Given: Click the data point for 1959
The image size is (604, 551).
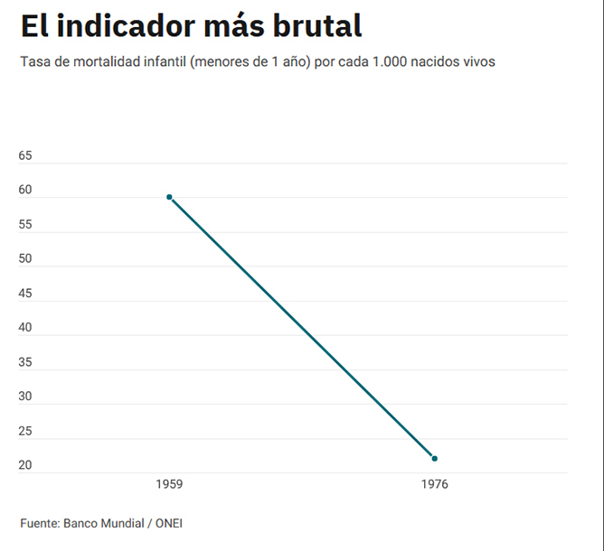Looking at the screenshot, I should click(169, 197).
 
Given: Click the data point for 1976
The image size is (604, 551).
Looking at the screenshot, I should click(434, 458).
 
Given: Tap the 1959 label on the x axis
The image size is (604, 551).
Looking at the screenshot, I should click(169, 485).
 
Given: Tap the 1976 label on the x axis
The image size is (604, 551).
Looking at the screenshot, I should click(434, 485).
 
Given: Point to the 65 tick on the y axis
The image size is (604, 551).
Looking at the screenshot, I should click(25, 155).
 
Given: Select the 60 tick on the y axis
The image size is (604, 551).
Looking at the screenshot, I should click(25, 190).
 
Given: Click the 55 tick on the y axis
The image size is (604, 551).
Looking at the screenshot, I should click(25, 224).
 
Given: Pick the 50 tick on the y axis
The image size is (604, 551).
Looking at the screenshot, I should click(25, 258).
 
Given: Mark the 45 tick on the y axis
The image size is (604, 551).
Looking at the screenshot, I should click(25, 293).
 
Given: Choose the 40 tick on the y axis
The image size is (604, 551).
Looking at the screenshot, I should click(25, 327).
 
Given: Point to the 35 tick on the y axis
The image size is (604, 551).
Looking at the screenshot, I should click(25, 362).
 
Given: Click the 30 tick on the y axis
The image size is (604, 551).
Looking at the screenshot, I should click(25, 397).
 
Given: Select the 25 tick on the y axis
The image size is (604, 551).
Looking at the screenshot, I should click(25, 431).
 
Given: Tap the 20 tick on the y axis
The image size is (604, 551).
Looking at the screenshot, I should click(25, 465).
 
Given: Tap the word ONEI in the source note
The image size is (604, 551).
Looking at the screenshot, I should click(169, 523).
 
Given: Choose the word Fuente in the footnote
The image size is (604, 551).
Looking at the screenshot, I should click(40, 523).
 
